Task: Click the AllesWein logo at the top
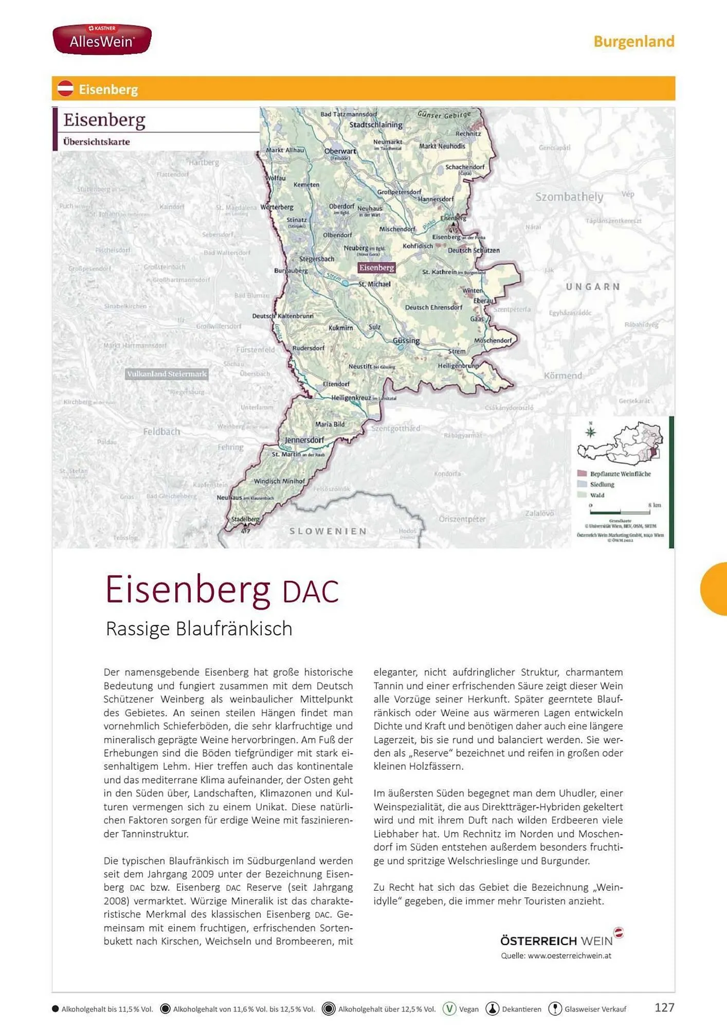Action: (102, 39)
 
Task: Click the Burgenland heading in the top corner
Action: (633, 41)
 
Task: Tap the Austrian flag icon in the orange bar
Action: (65, 88)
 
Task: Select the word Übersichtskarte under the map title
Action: (96, 141)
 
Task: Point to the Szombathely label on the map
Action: (569, 197)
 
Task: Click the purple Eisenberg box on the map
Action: (376, 268)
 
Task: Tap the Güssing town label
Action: (406, 341)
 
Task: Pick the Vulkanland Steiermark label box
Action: (167, 374)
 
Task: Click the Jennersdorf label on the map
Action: (304, 440)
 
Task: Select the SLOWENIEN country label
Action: (328, 531)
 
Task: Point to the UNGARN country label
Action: (593, 287)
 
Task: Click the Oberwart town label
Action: (340, 151)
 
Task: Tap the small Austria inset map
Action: (620, 443)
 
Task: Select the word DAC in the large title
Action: (311, 592)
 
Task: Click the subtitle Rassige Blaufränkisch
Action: (199, 629)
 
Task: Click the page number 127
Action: (664, 1007)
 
